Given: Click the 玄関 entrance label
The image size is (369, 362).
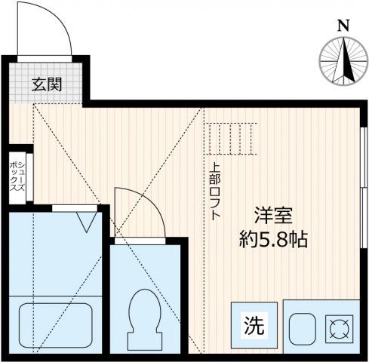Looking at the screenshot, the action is [x=47, y=84].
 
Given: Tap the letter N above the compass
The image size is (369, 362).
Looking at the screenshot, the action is [x=343, y=26].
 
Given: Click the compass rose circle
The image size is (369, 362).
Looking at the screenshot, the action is [x=343, y=61].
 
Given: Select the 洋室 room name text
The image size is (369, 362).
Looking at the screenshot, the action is [x=274, y=215].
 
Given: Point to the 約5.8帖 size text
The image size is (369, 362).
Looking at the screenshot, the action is [x=274, y=239].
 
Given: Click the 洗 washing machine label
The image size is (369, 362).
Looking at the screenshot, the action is [x=254, y=325].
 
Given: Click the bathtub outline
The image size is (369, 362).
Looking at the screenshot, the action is [x=55, y=325].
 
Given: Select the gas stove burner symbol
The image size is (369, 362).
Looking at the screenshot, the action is [x=340, y=329].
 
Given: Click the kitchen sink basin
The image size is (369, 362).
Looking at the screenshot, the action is [x=303, y=329].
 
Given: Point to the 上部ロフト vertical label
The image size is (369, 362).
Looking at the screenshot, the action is [x=216, y=192].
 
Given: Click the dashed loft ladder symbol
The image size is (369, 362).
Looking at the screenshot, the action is [x=231, y=139].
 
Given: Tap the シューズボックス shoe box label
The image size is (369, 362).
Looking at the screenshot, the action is [x=17, y=176].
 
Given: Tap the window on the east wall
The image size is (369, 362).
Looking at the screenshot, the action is [x=363, y=188].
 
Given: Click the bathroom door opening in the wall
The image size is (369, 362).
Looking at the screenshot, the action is [x=75, y=208].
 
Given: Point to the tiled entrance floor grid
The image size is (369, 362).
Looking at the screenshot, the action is [x=46, y=83].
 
